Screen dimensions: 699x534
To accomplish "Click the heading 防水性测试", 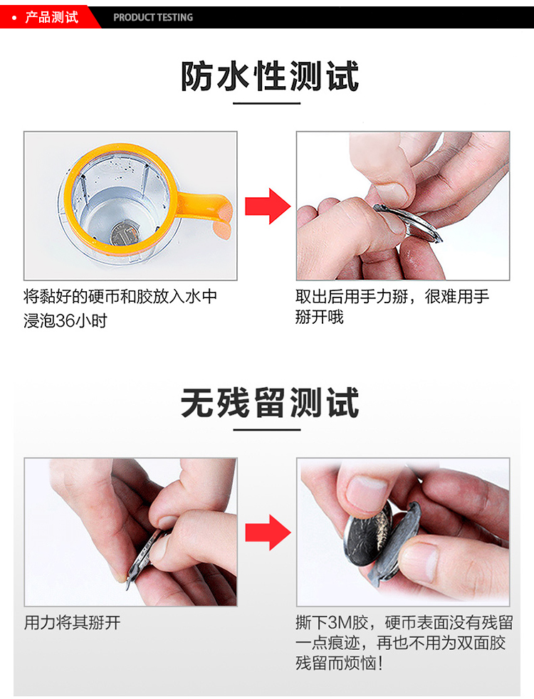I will click(x=269, y=77).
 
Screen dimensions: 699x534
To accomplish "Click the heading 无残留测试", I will click(x=269, y=404).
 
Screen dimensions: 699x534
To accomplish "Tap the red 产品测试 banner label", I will click(x=51, y=17).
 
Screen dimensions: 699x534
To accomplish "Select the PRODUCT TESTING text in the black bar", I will click(x=153, y=17).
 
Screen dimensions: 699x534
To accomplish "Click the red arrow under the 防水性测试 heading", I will click(x=267, y=206).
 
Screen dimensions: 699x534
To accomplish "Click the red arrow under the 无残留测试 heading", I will click(x=267, y=532).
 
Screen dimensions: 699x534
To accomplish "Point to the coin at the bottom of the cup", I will click(x=125, y=232).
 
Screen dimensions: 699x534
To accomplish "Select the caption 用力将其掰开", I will click(x=73, y=623).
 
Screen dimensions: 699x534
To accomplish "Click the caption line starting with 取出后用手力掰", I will click(x=392, y=297).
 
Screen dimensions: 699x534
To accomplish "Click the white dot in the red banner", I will click(x=14, y=17).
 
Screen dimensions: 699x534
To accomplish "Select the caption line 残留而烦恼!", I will click(x=340, y=664).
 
